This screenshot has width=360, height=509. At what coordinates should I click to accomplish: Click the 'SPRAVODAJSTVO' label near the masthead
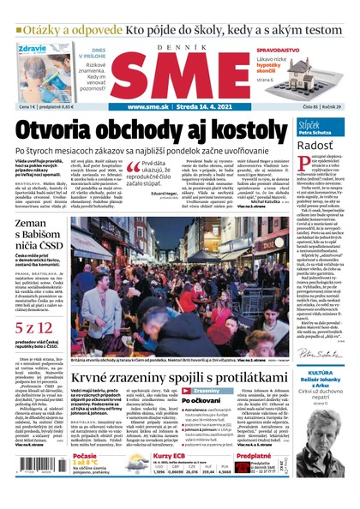point(308,51)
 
